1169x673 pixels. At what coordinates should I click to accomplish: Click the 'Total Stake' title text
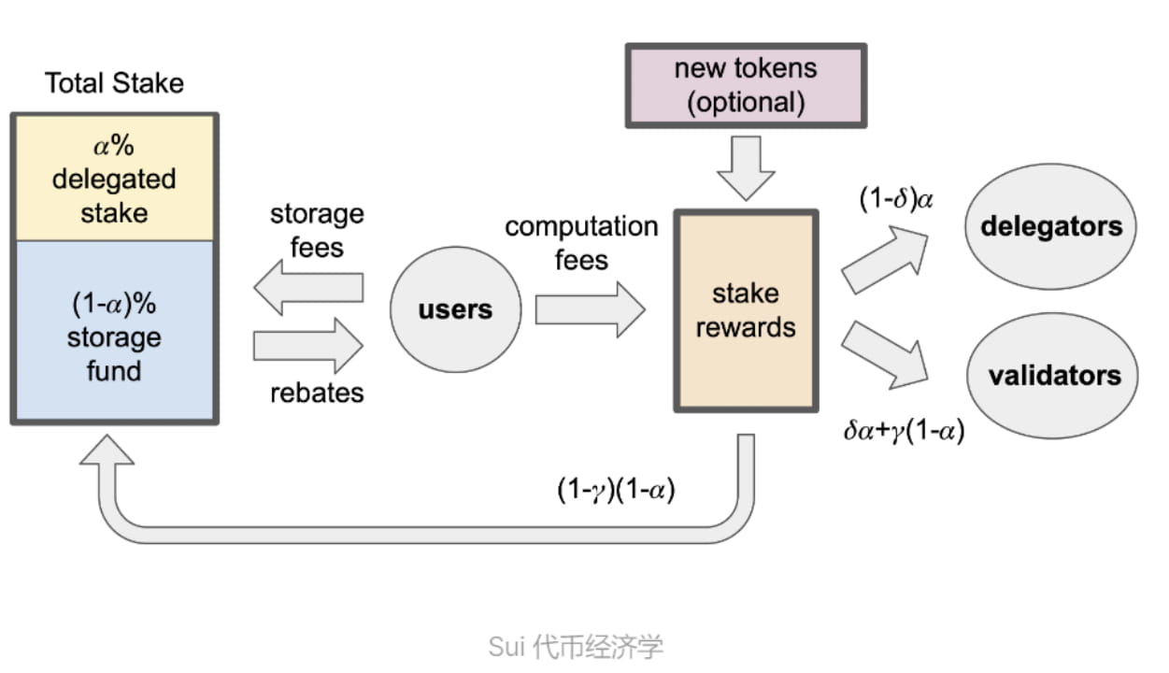tap(114, 82)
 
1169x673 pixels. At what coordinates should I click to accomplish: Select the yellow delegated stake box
tap(114, 178)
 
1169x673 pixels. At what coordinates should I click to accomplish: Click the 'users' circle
tap(455, 310)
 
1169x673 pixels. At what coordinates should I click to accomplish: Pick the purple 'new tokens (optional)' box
tap(745, 84)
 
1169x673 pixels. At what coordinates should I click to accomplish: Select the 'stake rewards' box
tap(745, 310)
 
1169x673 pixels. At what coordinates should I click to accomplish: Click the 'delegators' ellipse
tap(1051, 226)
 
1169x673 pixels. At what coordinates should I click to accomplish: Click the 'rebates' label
tap(317, 393)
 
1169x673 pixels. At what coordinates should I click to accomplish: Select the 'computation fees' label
tap(580, 242)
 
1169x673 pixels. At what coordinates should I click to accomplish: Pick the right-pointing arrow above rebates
tap(307, 345)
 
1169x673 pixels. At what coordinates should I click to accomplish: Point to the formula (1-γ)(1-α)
tap(616, 491)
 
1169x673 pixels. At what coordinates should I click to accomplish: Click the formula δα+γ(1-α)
tap(904, 431)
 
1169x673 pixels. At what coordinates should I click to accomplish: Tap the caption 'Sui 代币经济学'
tap(576, 646)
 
